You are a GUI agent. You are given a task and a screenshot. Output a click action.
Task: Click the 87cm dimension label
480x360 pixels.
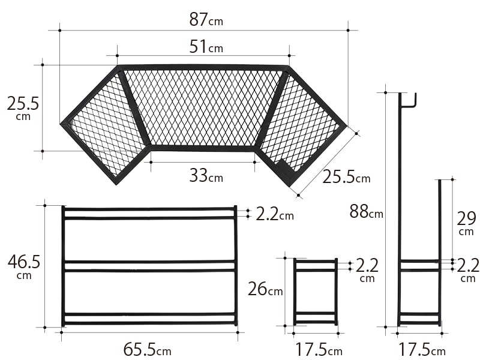206,20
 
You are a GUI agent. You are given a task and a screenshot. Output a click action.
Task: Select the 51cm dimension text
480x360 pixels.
206,47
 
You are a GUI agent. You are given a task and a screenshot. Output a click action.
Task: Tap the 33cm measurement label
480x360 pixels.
206,175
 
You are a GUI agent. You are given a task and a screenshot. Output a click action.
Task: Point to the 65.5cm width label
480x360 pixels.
147,349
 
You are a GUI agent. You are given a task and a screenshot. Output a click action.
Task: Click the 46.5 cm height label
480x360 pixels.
24,266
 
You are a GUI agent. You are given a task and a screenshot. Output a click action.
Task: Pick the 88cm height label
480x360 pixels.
366,211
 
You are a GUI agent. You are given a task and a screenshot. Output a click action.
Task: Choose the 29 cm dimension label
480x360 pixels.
466,223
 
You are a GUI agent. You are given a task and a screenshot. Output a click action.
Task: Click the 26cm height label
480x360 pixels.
265,289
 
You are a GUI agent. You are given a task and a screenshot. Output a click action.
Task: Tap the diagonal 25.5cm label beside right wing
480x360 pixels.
346,176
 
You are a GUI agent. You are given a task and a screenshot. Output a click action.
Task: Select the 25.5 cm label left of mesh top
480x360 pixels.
23,107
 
